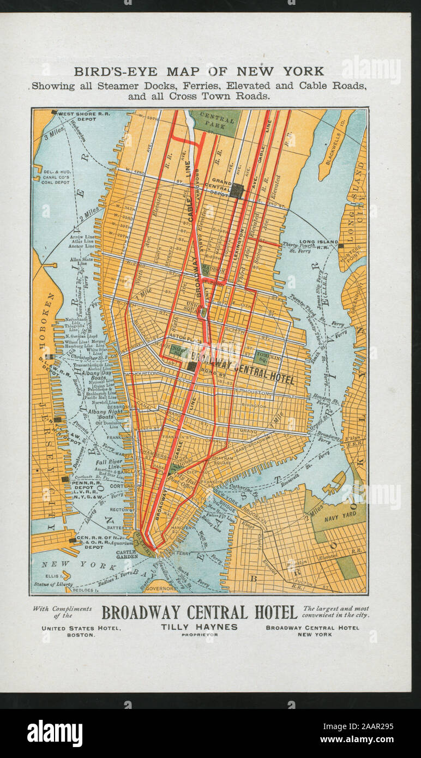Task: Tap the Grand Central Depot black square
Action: pos(236,190)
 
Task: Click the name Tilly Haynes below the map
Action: pos(199,627)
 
